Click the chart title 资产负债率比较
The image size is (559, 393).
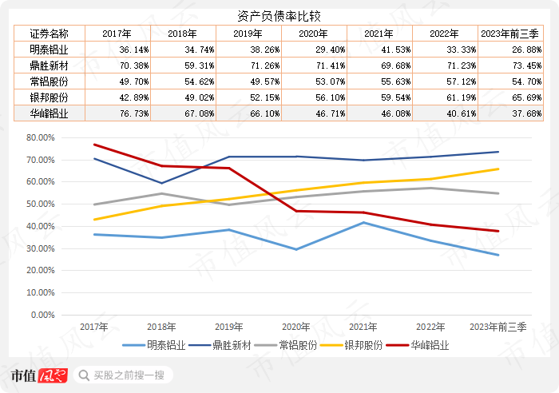(x=279, y=16)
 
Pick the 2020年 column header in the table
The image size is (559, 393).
(x=312, y=34)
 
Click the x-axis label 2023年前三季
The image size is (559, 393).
(x=498, y=327)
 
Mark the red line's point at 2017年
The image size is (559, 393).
(x=94, y=145)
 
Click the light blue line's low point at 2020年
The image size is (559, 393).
(x=295, y=249)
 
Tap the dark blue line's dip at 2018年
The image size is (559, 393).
(x=161, y=183)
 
